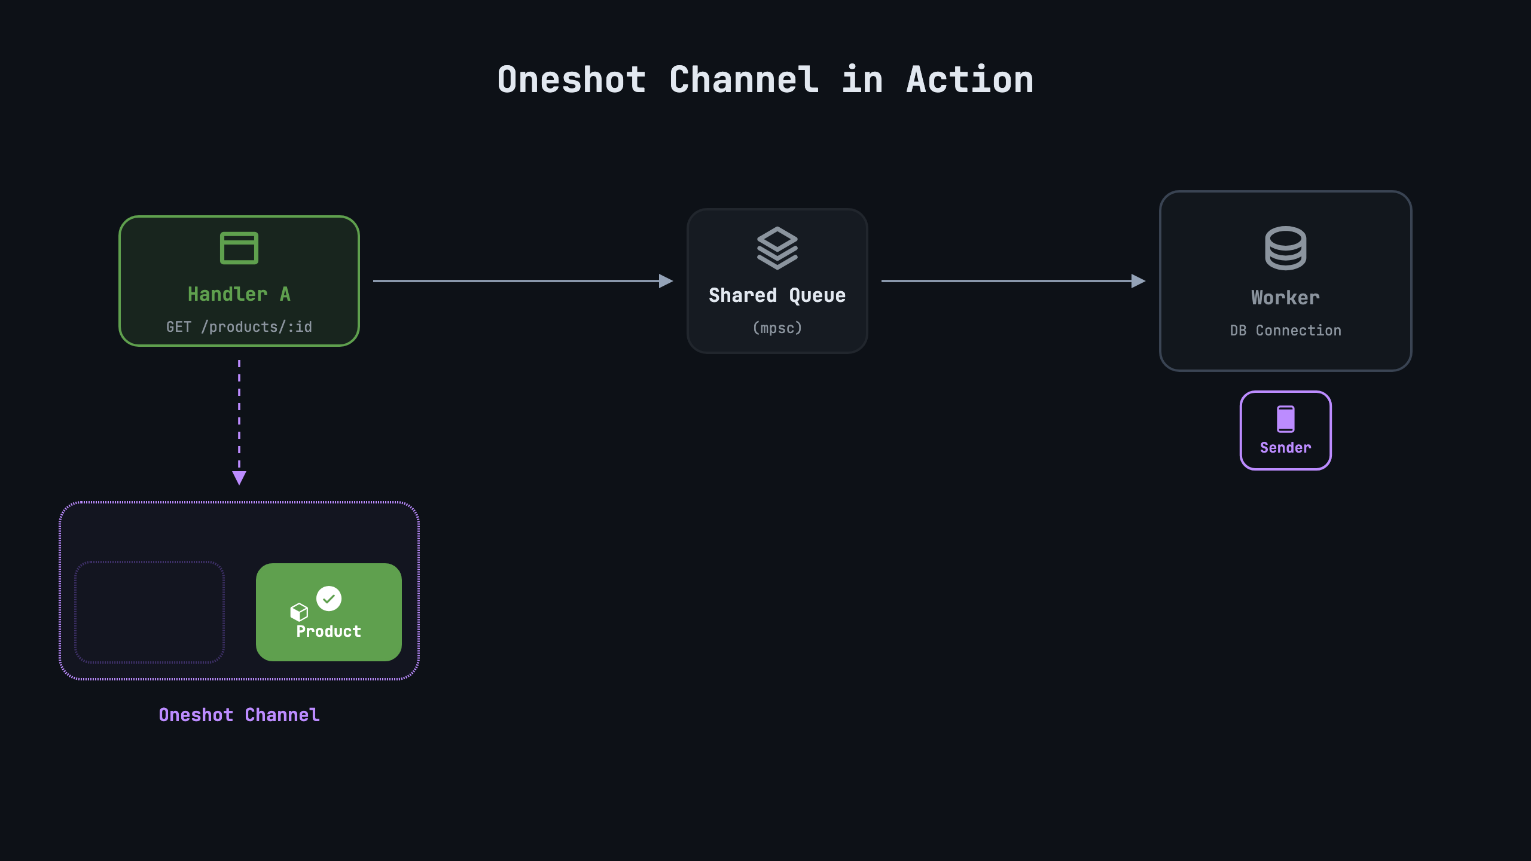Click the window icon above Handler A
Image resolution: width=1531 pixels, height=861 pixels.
click(x=239, y=248)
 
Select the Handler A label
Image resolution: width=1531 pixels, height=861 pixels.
click(x=239, y=294)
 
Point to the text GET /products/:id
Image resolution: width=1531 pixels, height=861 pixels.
click(x=239, y=327)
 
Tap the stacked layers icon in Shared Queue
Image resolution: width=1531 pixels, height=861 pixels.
click(x=777, y=248)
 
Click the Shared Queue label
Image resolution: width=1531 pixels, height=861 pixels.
click(x=777, y=295)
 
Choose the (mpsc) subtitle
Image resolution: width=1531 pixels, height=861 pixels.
click(x=777, y=328)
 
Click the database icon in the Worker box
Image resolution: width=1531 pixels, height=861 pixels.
click(x=1286, y=248)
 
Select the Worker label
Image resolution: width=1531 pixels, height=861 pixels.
click(x=1286, y=298)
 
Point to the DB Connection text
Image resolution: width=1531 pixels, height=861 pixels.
click(x=1286, y=330)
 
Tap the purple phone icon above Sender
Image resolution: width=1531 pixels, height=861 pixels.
click(x=1286, y=419)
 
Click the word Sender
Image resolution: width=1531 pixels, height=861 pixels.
click(x=1286, y=447)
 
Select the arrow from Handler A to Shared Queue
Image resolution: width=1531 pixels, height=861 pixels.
click(x=523, y=281)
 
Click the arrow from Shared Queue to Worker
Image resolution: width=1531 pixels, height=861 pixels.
click(x=1014, y=281)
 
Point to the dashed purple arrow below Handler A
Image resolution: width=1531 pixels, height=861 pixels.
click(x=239, y=422)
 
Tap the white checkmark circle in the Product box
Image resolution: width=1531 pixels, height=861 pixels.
click(x=329, y=599)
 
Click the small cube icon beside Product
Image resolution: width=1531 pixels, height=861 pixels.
click(x=299, y=612)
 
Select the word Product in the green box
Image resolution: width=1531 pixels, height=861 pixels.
click(x=329, y=631)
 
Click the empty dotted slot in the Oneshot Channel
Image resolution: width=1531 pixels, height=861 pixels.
click(x=150, y=612)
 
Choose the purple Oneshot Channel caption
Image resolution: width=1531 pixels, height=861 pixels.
click(x=239, y=715)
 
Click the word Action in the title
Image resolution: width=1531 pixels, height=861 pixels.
click(x=970, y=80)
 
